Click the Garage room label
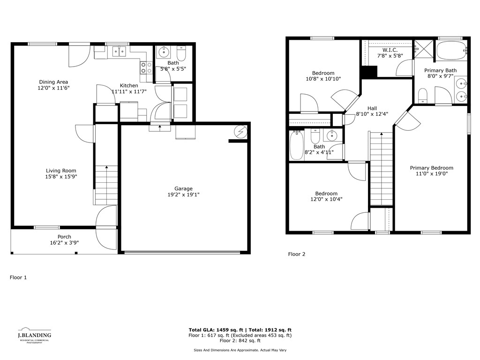(x=183, y=188)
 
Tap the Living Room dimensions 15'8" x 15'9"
(x=61, y=177)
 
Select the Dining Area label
(x=53, y=82)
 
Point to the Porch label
(x=64, y=237)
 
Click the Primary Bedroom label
(x=432, y=168)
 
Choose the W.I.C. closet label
(x=390, y=50)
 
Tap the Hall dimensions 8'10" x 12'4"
(x=372, y=114)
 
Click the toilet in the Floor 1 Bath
(x=181, y=53)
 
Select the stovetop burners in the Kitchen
(x=146, y=67)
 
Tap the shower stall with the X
(x=424, y=49)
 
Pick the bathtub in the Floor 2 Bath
(x=297, y=145)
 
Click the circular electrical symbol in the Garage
(x=240, y=132)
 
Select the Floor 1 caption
(x=18, y=277)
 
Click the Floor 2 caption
(x=297, y=254)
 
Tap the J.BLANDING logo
(x=34, y=335)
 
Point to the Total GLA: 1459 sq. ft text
(x=216, y=330)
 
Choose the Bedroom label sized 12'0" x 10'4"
(x=326, y=194)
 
